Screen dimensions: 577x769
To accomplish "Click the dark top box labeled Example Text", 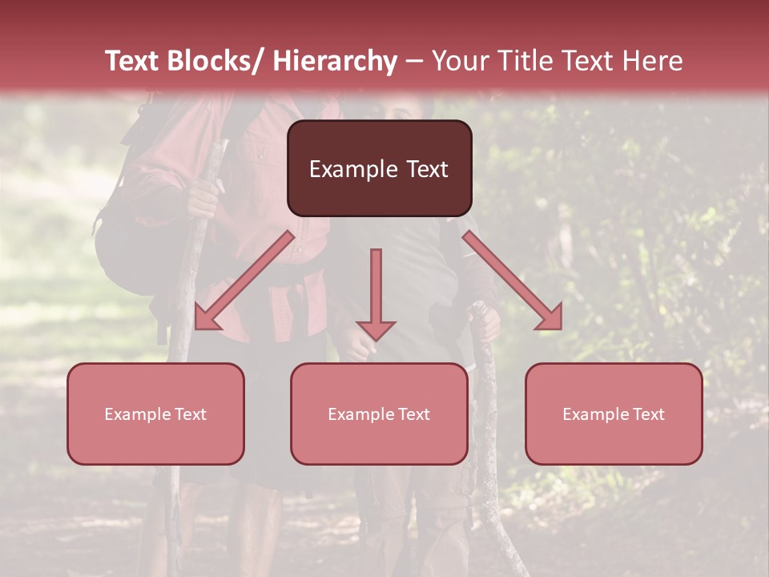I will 379,168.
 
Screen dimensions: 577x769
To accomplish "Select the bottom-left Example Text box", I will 155,414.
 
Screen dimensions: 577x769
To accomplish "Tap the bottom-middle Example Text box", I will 379,414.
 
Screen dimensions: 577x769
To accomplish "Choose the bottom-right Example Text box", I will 614,414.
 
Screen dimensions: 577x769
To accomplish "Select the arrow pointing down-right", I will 513,280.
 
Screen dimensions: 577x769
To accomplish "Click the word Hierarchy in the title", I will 334,61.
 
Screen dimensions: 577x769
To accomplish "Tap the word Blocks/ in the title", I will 211,61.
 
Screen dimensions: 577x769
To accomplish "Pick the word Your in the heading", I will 458,61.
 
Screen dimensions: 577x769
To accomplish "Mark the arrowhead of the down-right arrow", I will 551,318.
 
